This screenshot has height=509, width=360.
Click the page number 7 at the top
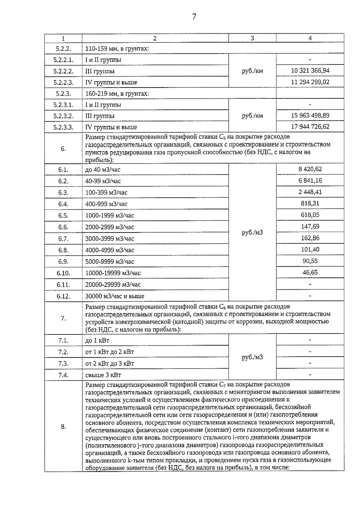pyautogui.click(x=194, y=17)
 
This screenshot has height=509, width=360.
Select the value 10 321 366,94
pyautogui.click(x=310, y=70)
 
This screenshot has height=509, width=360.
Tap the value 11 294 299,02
pyautogui.click(x=310, y=82)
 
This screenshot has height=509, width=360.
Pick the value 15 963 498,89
pyautogui.click(x=310, y=115)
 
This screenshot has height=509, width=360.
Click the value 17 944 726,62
pyautogui.click(x=310, y=127)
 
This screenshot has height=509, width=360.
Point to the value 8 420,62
pyautogui.click(x=310, y=169)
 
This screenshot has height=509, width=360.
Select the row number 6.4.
pyautogui.click(x=63, y=204)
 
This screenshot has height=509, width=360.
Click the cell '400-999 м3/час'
pyautogui.click(x=106, y=204)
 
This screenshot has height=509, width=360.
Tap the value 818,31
pyautogui.click(x=310, y=203)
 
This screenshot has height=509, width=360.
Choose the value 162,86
pyautogui.click(x=310, y=238)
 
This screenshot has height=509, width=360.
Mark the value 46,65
pyautogui.click(x=310, y=272)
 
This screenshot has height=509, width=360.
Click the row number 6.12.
pyautogui.click(x=63, y=296)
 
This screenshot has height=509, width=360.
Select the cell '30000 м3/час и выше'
pyautogui.click(x=115, y=296)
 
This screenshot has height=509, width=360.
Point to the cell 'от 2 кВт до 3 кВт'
pyautogui.click(x=110, y=364)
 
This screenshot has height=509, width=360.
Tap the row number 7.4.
pyautogui.click(x=63, y=375)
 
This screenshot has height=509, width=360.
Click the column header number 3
pyautogui.click(x=252, y=38)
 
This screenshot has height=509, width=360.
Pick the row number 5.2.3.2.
pyautogui.click(x=63, y=116)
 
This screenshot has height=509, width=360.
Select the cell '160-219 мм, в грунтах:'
pyautogui.click(x=117, y=94)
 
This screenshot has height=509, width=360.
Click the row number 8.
pyautogui.click(x=63, y=427)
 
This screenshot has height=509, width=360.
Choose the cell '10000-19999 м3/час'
pyautogui.click(x=113, y=273)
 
